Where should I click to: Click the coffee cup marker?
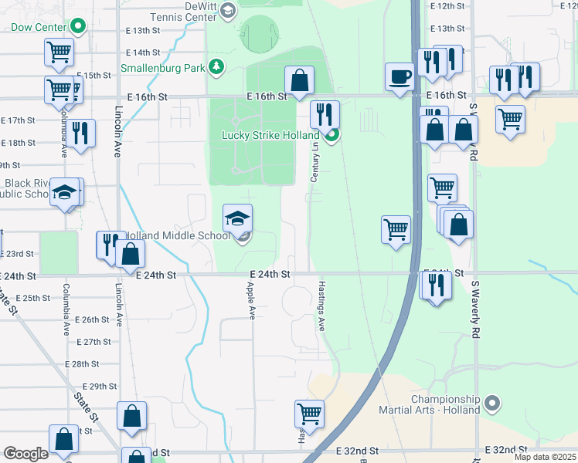point(399,76)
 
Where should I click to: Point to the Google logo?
point(25,454)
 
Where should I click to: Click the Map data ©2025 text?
point(545,457)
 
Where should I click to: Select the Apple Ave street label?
point(251,301)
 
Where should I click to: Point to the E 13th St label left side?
point(141,31)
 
